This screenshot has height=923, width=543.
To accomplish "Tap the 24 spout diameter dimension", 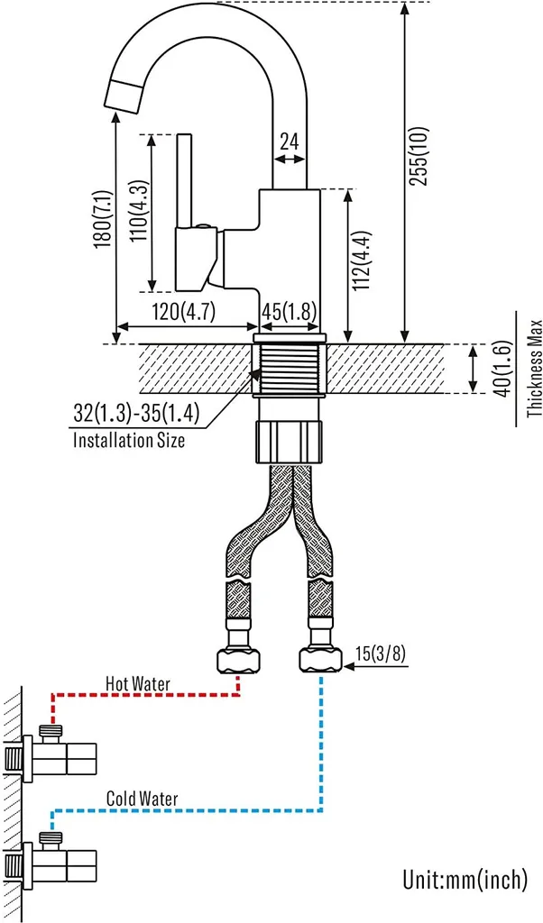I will [x=289, y=142].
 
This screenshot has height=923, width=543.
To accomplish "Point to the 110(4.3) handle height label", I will [x=139, y=213].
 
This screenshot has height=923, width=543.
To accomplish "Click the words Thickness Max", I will [x=534, y=370].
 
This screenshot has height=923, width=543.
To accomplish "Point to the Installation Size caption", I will [x=128, y=441].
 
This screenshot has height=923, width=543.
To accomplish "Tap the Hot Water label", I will [x=137, y=682].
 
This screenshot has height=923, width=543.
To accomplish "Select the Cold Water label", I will [x=142, y=799].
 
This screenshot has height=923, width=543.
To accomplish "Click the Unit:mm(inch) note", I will [x=465, y=879].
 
